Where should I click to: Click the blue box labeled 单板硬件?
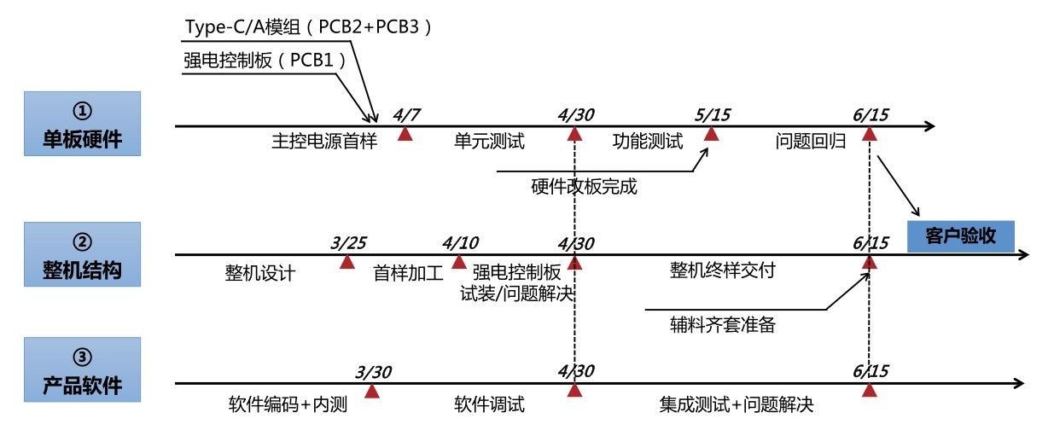(82, 124)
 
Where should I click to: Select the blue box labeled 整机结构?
(82, 254)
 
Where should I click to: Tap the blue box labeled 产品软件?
(82, 369)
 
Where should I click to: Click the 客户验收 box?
(960, 236)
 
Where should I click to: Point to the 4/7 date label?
(406, 115)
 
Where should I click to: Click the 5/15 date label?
(713, 115)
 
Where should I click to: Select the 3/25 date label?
(348, 243)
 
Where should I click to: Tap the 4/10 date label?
(460, 243)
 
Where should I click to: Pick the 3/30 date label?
(373, 372)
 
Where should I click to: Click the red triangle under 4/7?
(405, 135)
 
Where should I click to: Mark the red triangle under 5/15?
(711, 135)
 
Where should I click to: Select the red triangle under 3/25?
(347, 262)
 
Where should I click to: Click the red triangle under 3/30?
(372, 392)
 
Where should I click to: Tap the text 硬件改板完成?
(584, 187)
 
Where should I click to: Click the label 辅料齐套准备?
(722, 324)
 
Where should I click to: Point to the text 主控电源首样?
(324, 141)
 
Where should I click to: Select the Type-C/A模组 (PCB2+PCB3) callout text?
(308, 26)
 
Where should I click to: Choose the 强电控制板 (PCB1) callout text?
(265, 61)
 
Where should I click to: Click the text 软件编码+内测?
(288, 404)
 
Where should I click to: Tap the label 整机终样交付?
(722, 270)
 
